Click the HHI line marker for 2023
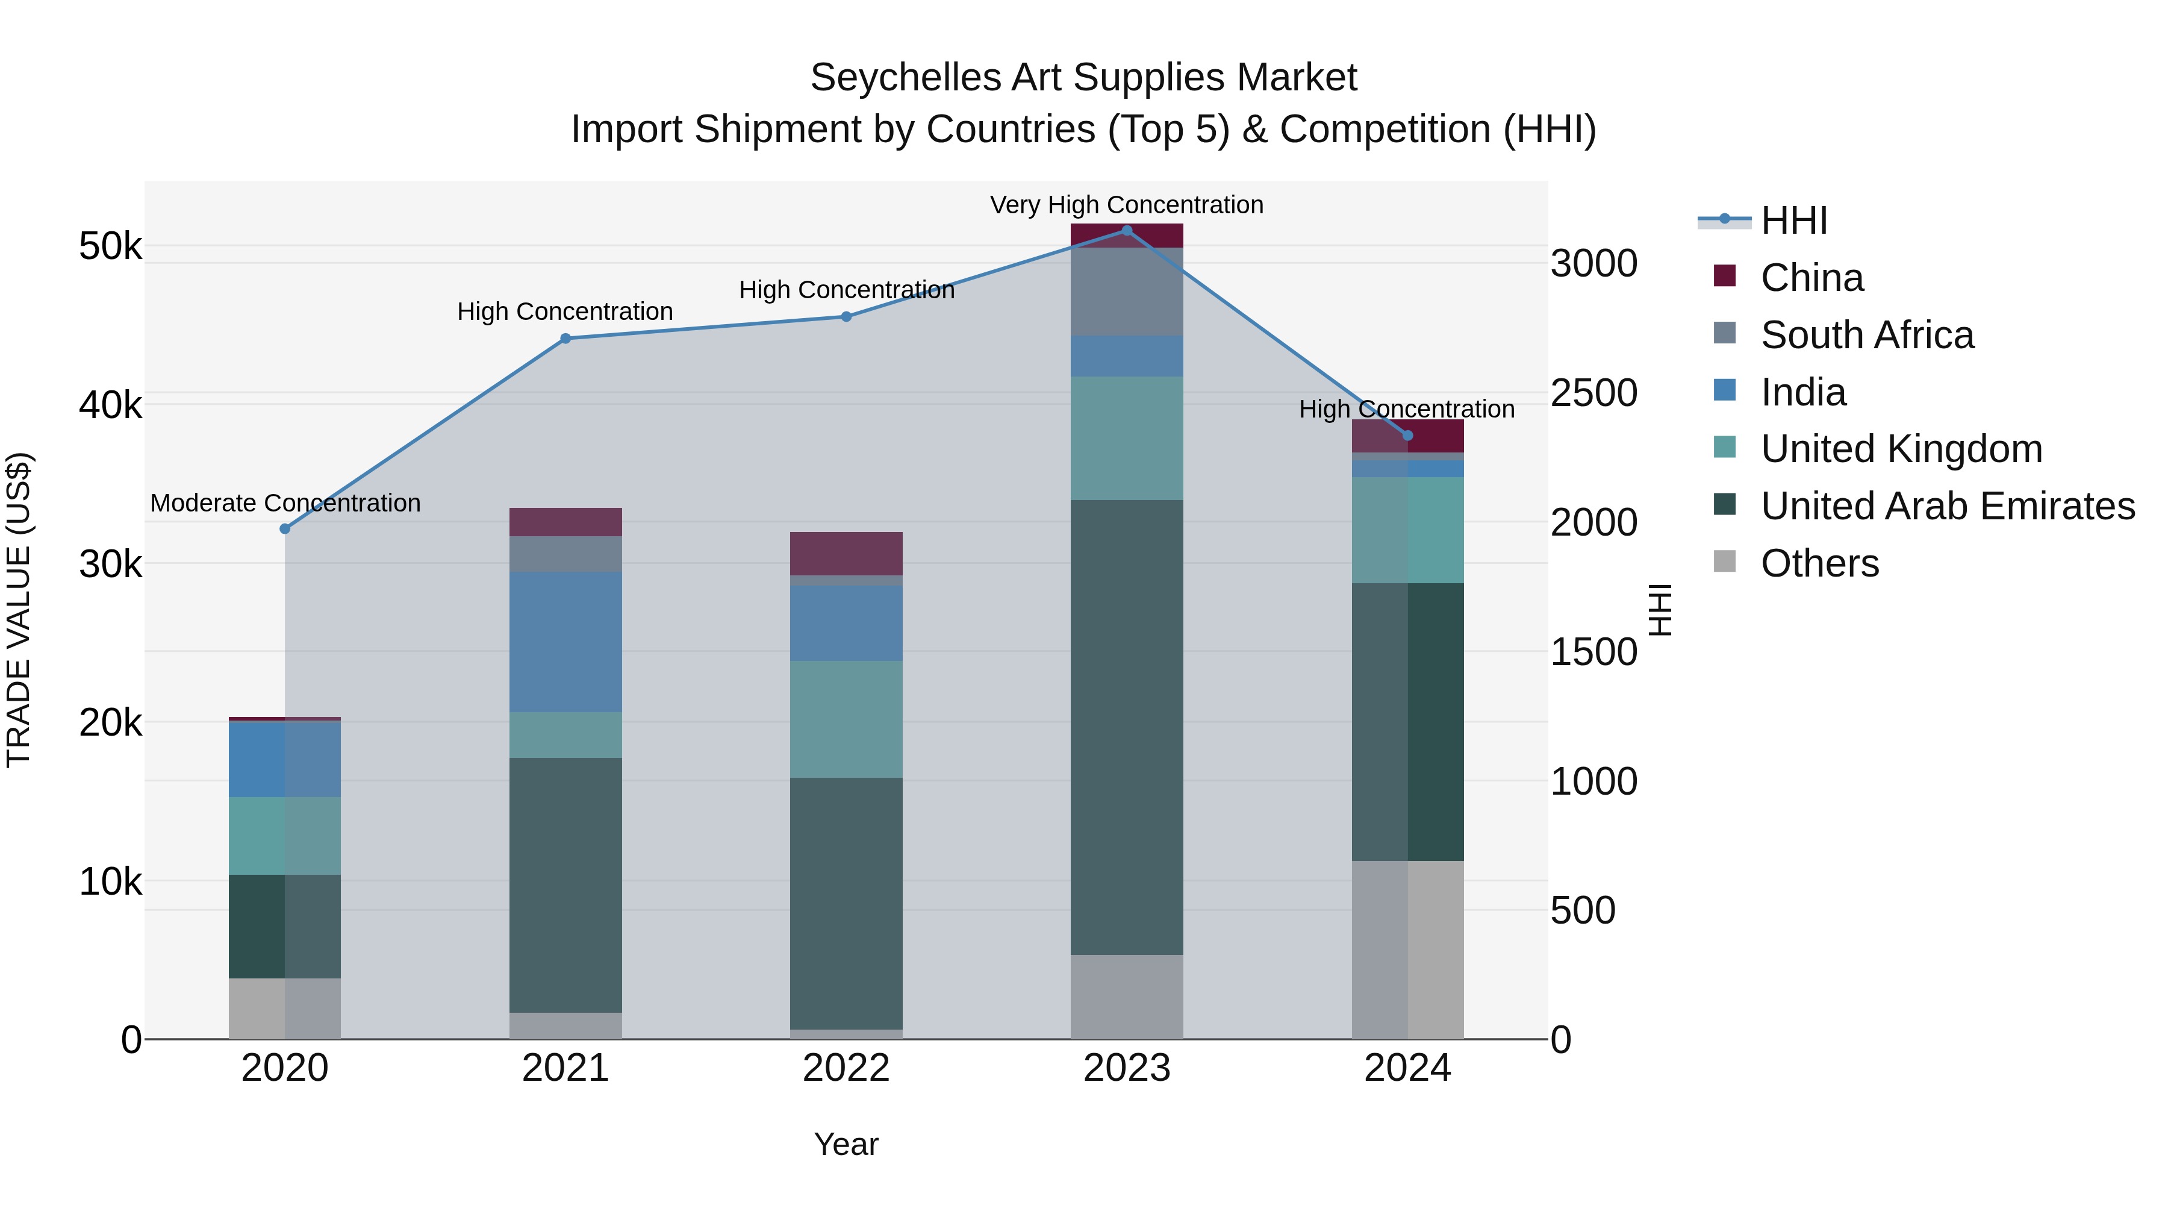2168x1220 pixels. (1127, 231)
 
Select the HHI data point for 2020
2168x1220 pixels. (284, 529)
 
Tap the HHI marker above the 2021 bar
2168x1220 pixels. (565, 339)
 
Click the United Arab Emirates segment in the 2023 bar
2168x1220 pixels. (1127, 727)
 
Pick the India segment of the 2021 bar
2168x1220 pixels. (565, 642)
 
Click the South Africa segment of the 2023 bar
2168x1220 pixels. (1127, 292)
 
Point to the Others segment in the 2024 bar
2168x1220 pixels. (1407, 949)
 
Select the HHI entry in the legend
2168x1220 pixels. (1793, 221)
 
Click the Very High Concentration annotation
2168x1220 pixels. (1126, 205)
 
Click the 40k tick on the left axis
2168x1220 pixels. (110, 405)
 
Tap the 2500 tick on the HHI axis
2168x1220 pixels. (1593, 393)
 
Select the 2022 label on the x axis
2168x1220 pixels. (846, 1068)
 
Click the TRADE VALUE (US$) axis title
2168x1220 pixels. (19, 610)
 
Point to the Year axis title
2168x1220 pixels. (846, 1144)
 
